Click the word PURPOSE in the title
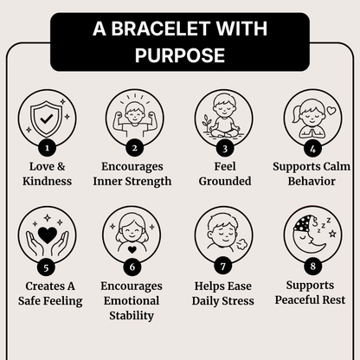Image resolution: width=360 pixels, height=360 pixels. [180, 55]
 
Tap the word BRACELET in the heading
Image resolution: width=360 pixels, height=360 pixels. [160, 29]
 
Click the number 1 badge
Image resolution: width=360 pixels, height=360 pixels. [47, 149]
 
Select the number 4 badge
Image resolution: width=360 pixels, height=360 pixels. [312, 149]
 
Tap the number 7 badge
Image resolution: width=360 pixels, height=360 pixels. [222, 266]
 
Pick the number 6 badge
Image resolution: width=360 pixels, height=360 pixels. [132, 267]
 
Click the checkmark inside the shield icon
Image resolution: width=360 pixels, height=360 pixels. [47, 119]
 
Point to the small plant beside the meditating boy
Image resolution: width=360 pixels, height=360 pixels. [206, 124]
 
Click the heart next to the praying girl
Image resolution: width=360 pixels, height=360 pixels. [331, 111]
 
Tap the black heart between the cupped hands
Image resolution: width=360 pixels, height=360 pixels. [48, 235]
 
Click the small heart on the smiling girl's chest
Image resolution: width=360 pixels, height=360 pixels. [132, 249]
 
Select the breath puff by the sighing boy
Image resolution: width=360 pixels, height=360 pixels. [241, 245]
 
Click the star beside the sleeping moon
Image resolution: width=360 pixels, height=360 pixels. [333, 233]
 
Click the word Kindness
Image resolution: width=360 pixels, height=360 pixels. [47, 181]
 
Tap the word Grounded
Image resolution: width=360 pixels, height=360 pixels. [225, 181]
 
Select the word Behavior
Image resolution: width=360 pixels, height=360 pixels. [312, 181]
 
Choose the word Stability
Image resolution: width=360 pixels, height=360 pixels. [132, 316]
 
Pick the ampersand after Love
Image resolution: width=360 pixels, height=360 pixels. [61, 166]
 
